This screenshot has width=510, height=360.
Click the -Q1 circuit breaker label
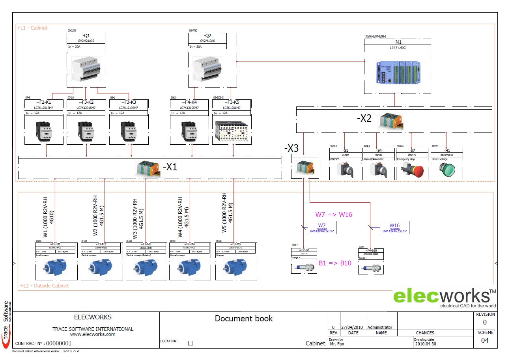[x=86, y=35]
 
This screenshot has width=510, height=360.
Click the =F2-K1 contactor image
[x=43, y=131]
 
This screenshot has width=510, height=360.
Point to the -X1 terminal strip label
[x=170, y=167]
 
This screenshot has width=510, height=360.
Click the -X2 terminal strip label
[x=364, y=119]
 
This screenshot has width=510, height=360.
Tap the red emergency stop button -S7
[x=413, y=170]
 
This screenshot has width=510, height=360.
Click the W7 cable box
[x=321, y=228]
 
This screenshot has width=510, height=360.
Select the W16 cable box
[x=394, y=228]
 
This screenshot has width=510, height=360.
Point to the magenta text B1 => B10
[x=334, y=263]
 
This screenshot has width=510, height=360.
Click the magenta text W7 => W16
[x=333, y=215]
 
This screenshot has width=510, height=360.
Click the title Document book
[x=243, y=319]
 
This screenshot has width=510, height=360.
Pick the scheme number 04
[x=485, y=340]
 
